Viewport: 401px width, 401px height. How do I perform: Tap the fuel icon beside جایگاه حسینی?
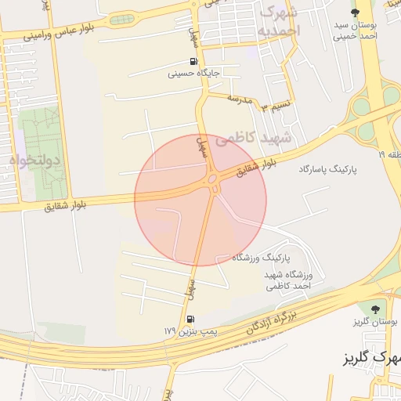coord(193,62)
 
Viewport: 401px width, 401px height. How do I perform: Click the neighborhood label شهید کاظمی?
coord(253,138)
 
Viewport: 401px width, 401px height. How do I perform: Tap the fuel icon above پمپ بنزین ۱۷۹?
coord(190,320)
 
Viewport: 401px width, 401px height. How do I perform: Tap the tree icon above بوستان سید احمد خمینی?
coord(355,12)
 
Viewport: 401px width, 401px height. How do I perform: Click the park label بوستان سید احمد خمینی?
coord(355,30)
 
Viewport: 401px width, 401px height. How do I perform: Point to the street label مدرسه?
coord(240,99)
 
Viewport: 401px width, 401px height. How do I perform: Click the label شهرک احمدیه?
coord(279,21)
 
